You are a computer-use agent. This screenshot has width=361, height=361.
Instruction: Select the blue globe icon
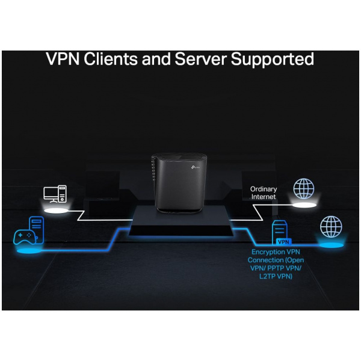click(330, 227)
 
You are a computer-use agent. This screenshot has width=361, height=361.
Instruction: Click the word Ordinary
click(264, 189)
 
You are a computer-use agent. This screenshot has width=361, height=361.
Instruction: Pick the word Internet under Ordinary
click(264, 197)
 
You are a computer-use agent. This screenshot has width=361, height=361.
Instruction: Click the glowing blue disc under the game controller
click(27, 248)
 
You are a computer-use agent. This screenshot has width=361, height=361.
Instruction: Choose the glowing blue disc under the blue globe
click(330, 245)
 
